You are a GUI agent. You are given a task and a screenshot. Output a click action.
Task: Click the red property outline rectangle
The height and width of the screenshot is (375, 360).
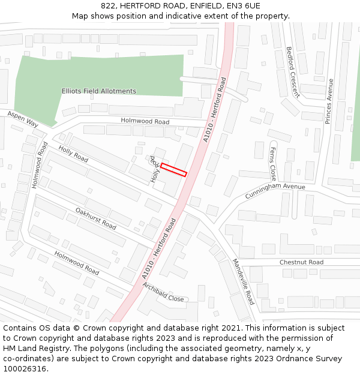click(173, 169)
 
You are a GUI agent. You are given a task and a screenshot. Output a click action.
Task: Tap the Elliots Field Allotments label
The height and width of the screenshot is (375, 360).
click(99, 91)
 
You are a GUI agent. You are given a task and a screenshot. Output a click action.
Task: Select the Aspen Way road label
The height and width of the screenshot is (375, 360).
click(23, 118)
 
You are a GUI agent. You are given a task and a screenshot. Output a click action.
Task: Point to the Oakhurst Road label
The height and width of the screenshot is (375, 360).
click(96, 218)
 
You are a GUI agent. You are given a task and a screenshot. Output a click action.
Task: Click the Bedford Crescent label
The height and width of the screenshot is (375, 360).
click(293, 72)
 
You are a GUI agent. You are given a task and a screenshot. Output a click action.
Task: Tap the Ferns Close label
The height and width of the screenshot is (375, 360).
click(273, 164)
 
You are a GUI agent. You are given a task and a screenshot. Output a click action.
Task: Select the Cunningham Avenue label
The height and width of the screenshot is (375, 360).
click(275, 191)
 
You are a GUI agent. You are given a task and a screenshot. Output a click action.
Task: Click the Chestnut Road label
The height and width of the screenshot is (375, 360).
click(301, 262)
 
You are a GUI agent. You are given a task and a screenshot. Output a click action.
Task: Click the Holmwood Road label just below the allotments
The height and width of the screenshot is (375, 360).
click(145, 121)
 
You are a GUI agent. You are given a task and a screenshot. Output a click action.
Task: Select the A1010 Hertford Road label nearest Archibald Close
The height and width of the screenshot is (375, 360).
click(160, 248)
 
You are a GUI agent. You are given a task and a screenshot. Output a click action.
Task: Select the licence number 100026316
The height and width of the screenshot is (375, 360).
click(25, 369)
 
